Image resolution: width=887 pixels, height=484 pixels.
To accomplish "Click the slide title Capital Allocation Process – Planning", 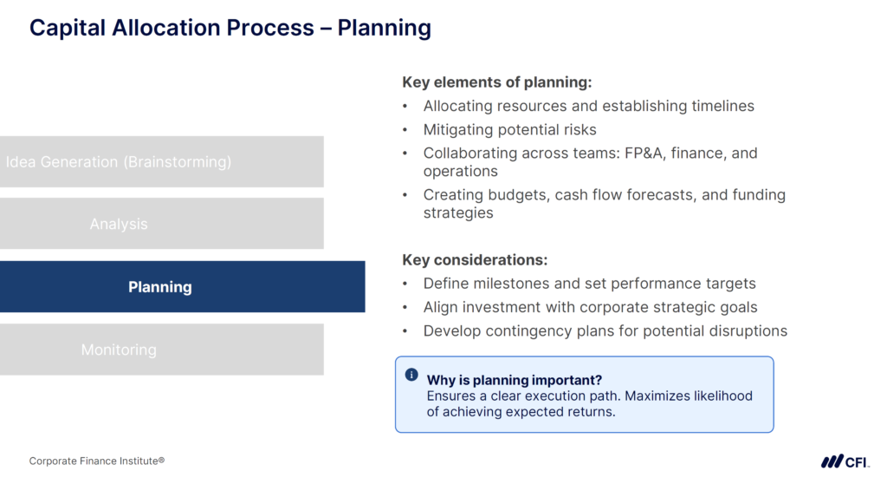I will tap(230, 28).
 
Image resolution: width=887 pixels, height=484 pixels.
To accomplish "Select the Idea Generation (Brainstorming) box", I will tap(161, 162).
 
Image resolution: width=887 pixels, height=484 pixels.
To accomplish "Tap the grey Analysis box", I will tap(161, 224).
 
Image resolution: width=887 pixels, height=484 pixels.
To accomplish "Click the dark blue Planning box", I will tap(182, 287).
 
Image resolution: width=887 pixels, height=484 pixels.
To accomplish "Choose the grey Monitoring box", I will tap(161, 350).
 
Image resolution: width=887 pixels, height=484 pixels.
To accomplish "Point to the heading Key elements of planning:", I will tap(496, 82).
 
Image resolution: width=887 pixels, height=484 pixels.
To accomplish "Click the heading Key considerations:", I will tap(475, 260).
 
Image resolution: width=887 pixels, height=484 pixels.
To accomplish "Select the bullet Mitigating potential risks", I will tap(509, 130).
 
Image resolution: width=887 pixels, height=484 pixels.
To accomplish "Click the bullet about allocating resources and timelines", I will tap(588, 106).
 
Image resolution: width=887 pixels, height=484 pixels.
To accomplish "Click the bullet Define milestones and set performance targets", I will tap(589, 284).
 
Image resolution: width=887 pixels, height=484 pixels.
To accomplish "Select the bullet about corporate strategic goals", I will tap(590, 307).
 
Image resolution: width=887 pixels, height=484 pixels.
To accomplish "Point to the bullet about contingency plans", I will tap(605, 330).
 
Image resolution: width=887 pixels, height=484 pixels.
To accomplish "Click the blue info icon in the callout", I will tap(411, 376).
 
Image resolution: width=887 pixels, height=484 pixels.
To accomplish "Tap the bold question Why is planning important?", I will tap(514, 380).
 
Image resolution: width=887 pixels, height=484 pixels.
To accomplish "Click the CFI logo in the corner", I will tap(845, 461).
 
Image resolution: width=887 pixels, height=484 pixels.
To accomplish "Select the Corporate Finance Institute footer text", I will tap(97, 461).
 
